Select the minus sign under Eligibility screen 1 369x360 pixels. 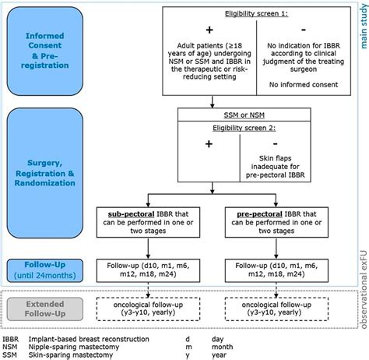pyautogui.click(x=284, y=28)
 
